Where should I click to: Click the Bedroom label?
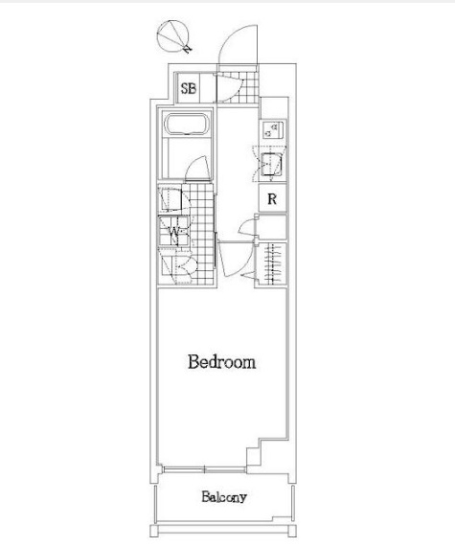[222, 362]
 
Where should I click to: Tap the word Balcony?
[224, 497]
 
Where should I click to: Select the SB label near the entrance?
[189, 88]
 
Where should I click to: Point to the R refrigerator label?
[272, 199]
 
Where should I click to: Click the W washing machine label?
[173, 231]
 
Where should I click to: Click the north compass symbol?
[173, 36]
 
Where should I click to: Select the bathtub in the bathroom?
[187, 124]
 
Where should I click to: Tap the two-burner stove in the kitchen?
[273, 129]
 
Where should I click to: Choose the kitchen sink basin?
[271, 165]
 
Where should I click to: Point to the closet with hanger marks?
[271, 263]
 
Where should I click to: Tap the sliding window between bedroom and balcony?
[204, 469]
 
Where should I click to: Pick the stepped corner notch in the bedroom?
[260, 451]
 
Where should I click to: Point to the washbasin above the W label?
[171, 200]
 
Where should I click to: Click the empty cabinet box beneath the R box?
[272, 227]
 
